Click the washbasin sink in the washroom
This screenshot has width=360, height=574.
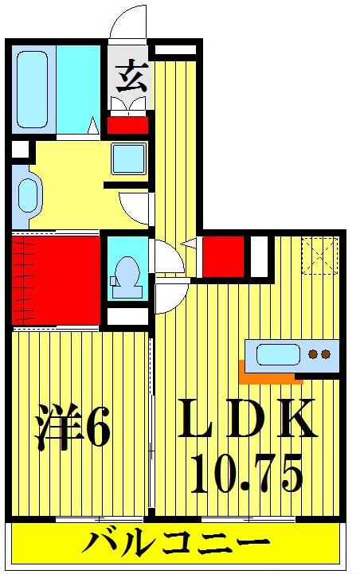click(127, 158)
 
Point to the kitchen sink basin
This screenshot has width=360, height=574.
click(276, 354)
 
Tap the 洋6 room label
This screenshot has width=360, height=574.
click(72, 431)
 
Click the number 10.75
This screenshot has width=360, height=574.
click(246, 475)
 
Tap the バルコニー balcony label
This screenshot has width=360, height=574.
click(175, 548)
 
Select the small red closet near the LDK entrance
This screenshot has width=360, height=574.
click(222, 256)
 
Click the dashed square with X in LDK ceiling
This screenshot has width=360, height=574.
click(321, 256)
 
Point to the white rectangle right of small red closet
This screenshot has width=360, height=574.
click(258, 255)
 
